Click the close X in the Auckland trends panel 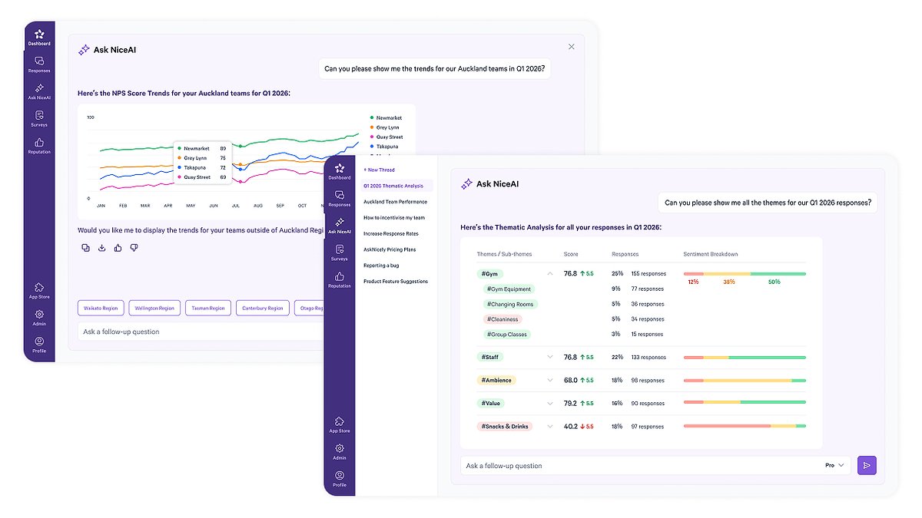click(571, 47)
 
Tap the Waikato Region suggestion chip click(100, 308)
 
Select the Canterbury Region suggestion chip click(262, 308)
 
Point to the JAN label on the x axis click(101, 206)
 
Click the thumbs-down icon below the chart click(134, 248)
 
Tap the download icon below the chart click(101, 248)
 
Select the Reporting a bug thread click(381, 266)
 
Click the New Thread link click(380, 170)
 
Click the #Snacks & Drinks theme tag click(505, 426)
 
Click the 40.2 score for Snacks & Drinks click(570, 426)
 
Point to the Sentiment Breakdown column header click(711, 254)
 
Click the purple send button click(867, 465)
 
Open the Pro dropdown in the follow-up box click(834, 465)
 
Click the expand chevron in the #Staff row click(549, 357)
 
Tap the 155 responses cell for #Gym click(648, 274)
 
